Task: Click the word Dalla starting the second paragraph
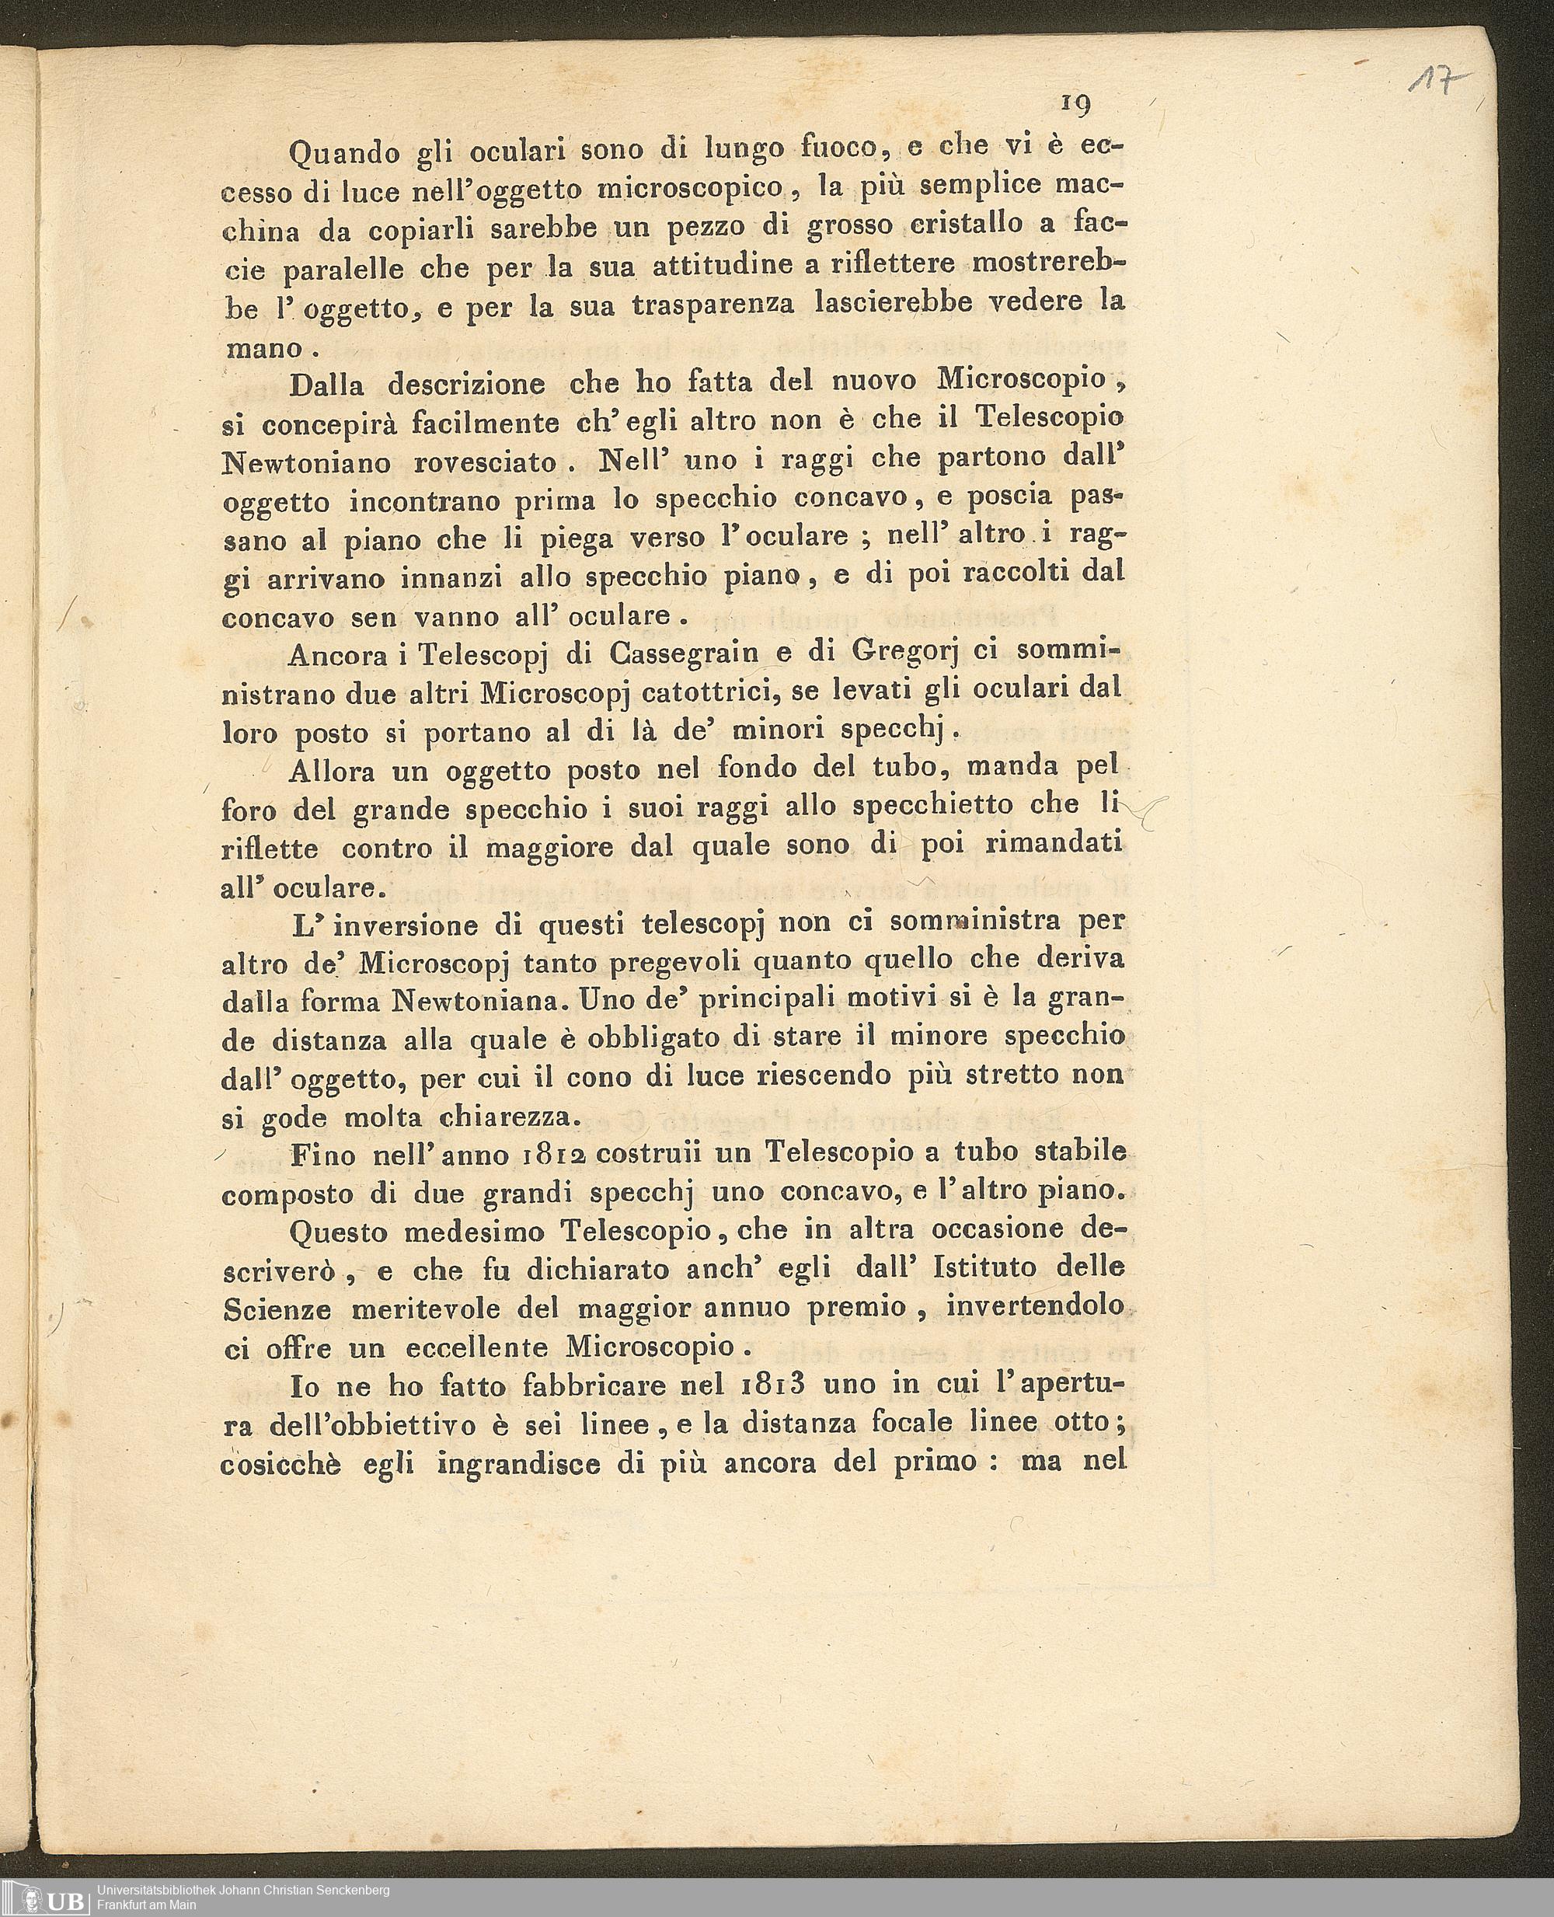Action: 327,386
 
